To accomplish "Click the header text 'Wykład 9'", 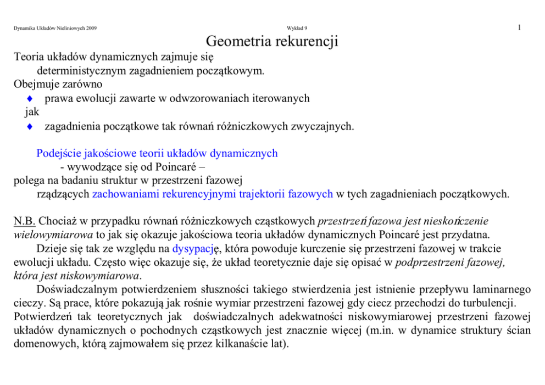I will (297, 28).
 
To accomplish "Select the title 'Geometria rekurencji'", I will (272, 41).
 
